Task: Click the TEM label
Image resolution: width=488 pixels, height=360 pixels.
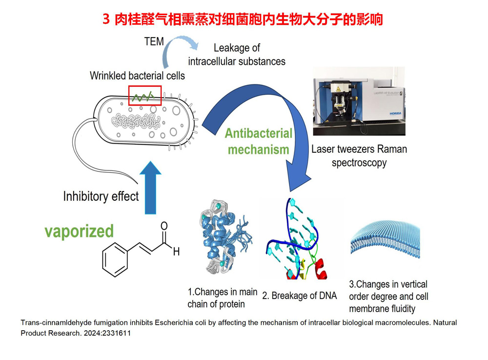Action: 154,42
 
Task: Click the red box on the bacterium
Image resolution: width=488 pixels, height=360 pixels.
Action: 145,95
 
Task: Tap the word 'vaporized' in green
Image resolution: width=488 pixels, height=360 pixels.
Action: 79,231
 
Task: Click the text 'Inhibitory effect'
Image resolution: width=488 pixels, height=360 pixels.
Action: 101,196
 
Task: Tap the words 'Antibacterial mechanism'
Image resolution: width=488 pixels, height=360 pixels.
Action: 259,141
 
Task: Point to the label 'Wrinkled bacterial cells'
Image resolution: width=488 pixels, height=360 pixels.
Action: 137,76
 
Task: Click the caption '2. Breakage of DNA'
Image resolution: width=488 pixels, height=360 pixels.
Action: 299,296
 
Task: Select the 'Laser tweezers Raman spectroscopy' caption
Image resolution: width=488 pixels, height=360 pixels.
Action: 359,155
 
